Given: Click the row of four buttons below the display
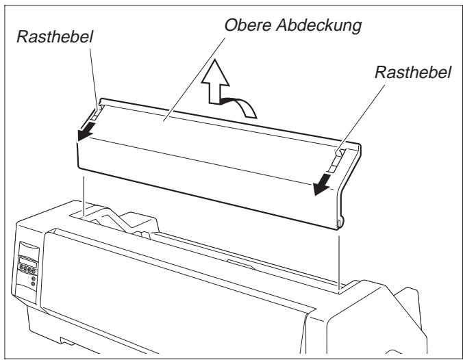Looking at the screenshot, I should [27, 270].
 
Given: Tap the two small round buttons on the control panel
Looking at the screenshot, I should [34, 281].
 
